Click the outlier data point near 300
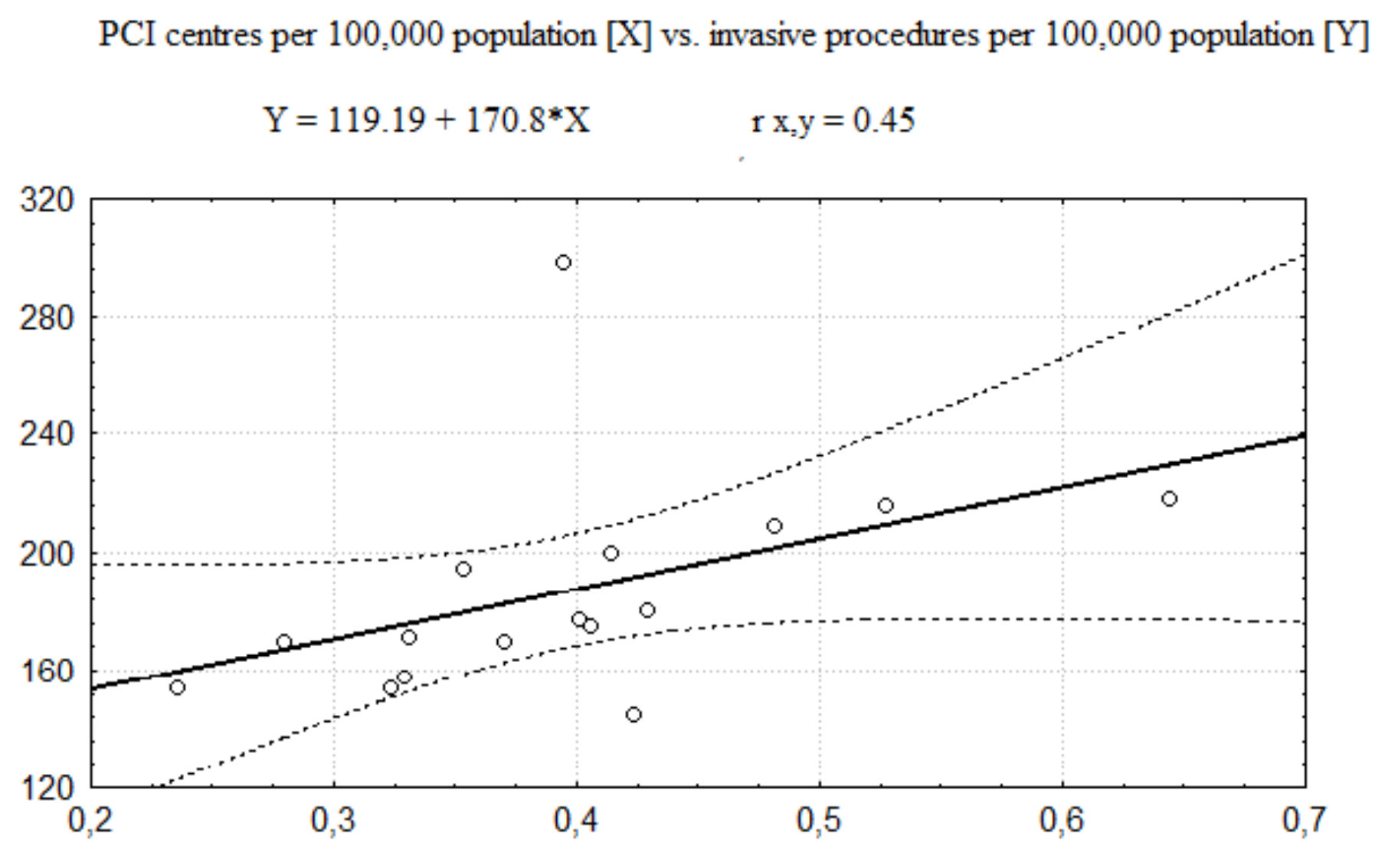tap(563, 263)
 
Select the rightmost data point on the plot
tap(1169, 499)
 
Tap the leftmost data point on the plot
tap(177, 687)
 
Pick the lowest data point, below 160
tap(633, 715)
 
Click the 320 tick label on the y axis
tap(47, 200)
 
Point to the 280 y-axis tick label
tap(47, 317)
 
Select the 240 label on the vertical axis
tap(47, 434)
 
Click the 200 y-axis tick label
tap(47, 553)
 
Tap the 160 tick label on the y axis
tap(47, 672)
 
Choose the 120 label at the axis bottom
tap(47, 788)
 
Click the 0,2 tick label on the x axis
tap(91, 821)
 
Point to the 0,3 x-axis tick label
tap(334, 821)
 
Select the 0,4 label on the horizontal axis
tap(576, 821)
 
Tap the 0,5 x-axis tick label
tap(819, 821)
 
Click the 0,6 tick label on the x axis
tap(1062, 821)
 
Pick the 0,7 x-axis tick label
tap(1304, 821)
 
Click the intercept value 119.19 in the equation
tap(375, 120)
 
